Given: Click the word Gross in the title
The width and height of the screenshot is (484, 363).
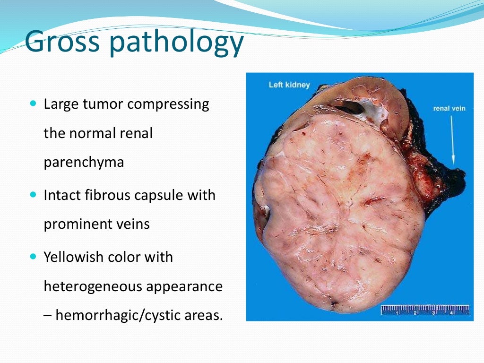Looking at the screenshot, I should click(x=62, y=42).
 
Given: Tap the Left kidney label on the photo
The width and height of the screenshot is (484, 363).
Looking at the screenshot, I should click(x=289, y=85).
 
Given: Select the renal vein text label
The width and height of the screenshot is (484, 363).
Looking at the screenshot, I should click(x=449, y=109).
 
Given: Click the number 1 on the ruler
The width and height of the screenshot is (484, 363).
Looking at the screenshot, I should click(x=398, y=313).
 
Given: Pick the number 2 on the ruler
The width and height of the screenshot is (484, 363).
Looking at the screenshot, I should click(x=415, y=313).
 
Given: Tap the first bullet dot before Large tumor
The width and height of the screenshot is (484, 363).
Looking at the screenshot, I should click(x=33, y=103).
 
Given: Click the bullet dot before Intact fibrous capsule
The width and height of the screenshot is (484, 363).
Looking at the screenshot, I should click(x=33, y=194).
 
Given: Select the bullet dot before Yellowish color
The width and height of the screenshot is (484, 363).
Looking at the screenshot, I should click(x=33, y=257).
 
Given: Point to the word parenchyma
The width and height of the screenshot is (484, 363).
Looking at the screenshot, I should click(x=84, y=162).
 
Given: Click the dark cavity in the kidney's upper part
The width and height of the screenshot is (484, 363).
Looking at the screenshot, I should click(x=351, y=106).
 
